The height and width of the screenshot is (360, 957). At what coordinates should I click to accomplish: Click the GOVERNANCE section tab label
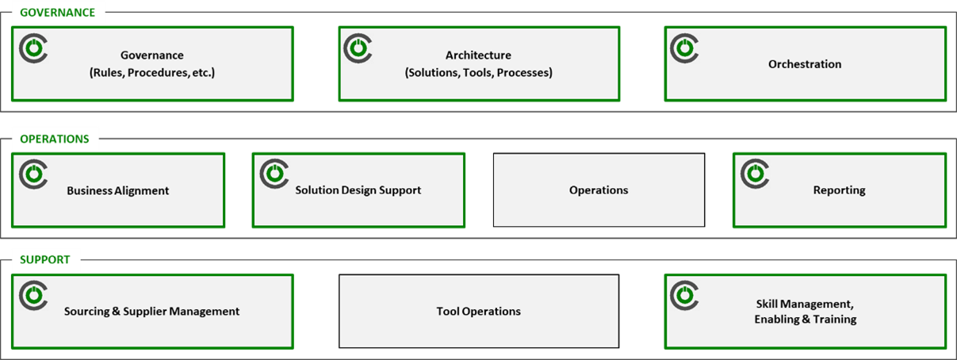click(57, 13)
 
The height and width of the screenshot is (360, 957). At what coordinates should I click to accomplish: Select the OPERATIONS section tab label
click(55, 139)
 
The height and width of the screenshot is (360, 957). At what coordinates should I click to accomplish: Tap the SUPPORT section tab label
click(45, 259)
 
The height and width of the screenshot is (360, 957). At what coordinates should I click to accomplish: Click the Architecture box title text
click(478, 56)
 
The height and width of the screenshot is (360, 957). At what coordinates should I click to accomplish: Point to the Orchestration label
click(805, 64)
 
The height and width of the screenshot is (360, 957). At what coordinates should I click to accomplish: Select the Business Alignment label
click(118, 191)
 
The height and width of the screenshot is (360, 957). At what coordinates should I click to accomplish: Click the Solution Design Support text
click(358, 190)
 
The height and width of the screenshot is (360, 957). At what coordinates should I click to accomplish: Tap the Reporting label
click(839, 190)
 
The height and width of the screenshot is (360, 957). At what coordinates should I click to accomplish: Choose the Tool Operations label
click(479, 312)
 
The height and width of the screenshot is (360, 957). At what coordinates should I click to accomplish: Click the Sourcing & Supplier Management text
click(151, 312)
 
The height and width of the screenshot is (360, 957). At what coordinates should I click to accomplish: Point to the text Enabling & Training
click(806, 320)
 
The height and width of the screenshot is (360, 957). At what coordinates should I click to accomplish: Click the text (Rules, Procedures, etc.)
click(152, 72)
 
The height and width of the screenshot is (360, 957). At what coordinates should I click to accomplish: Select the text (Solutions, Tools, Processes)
click(478, 72)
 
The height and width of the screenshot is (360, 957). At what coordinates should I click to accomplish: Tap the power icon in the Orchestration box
click(684, 48)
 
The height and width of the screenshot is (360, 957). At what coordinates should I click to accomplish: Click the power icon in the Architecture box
click(358, 48)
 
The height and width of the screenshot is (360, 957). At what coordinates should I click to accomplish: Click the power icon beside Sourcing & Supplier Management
click(33, 295)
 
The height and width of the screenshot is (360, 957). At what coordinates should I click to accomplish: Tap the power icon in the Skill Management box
click(684, 295)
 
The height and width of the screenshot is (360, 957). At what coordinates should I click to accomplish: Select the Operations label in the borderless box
click(599, 190)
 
